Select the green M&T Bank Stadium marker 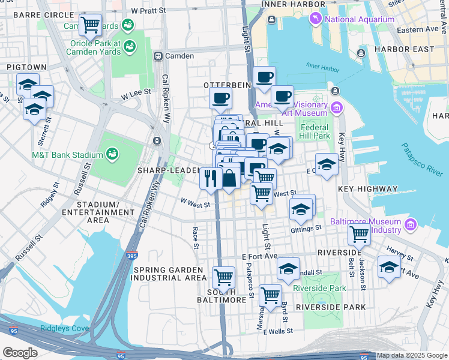pyautogui.click(x=112, y=155)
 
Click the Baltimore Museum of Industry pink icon pyautogui.click(x=411, y=225)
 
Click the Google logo pyautogui.click(x=20, y=352)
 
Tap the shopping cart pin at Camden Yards pyautogui.click(x=90, y=25)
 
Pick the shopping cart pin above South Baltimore pyautogui.click(x=223, y=277)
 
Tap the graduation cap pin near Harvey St pyautogui.click(x=389, y=266)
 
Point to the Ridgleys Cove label pyautogui.click(x=64, y=328)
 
